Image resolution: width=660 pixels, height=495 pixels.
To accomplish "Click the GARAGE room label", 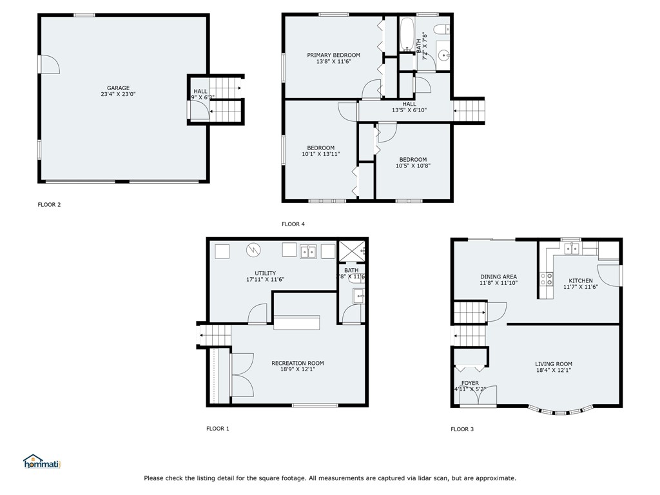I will pyautogui.click(x=118, y=88).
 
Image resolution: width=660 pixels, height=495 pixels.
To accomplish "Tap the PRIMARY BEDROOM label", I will pyautogui.click(x=333, y=55).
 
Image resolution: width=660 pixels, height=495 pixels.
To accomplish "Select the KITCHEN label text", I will pyautogui.click(x=580, y=280).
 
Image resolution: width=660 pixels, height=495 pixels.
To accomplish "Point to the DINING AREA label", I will pyautogui.click(x=498, y=277).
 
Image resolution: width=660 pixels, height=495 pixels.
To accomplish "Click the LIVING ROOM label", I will pyautogui.click(x=553, y=364).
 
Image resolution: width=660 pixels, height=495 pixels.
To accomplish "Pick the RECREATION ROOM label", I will pyautogui.click(x=297, y=363).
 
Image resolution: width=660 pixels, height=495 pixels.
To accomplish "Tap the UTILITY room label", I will pyautogui.click(x=265, y=273).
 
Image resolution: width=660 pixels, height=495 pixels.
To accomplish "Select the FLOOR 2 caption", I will pyautogui.click(x=49, y=205).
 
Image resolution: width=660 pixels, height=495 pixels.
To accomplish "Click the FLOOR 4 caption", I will pyautogui.click(x=293, y=224).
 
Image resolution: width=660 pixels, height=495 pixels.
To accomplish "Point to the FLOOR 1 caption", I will pyautogui.click(x=217, y=428).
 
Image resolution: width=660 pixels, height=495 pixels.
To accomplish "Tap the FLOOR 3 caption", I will pyautogui.click(x=461, y=429).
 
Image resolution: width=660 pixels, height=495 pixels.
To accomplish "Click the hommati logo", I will pyautogui.click(x=41, y=462).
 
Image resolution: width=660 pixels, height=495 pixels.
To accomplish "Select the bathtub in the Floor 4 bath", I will pyautogui.click(x=407, y=35).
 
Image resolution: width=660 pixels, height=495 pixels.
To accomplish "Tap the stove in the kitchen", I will pyautogui.click(x=546, y=278).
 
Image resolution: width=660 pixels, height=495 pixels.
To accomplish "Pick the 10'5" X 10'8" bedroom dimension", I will pyautogui.click(x=412, y=166).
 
